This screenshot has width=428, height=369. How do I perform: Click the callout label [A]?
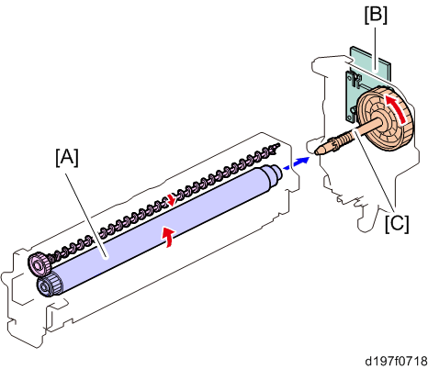[x=67, y=158]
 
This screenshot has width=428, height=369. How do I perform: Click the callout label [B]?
[x=376, y=15]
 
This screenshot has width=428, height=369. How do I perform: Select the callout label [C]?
[x=397, y=223]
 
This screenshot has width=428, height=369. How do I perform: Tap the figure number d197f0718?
[x=396, y=361]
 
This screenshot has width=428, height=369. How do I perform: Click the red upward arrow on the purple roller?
[x=168, y=236]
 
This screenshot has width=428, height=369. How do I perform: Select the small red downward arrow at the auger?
[x=171, y=199]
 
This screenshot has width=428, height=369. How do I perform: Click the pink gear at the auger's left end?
[x=39, y=264]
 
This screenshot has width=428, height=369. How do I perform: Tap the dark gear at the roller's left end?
[x=49, y=285]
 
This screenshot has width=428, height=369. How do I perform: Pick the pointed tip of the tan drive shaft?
[x=316, y=151]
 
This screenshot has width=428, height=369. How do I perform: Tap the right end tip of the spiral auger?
[x=277, y=145]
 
